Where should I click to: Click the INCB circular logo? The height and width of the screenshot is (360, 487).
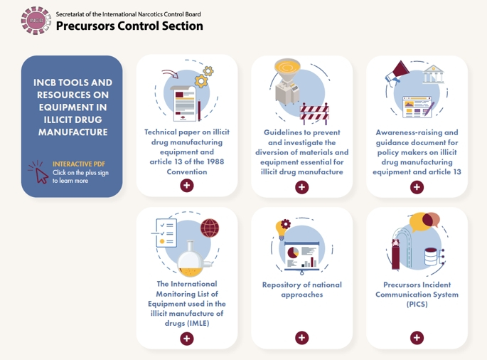(x=36, y=21)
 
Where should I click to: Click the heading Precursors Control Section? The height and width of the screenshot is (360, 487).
(x=129, y=26)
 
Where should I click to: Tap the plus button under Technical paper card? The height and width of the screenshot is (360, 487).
(x=187, y=186)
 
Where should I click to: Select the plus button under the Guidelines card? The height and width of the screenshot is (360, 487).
(x=302, y=187)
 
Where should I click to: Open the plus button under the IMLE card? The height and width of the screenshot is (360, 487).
(x=187, y=339)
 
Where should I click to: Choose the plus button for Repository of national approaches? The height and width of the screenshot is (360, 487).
(x=302, y=338)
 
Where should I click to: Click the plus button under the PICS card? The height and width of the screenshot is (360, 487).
(x=417, y=338)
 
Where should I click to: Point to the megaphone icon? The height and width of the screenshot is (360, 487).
(x=397, y=73)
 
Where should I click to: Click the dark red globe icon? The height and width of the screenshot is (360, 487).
(x=210, y=228)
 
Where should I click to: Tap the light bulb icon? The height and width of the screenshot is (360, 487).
(x=282, y=229)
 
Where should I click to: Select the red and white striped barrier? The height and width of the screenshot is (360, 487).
(x=314, y=113)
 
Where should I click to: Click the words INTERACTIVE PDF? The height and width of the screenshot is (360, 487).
(x=79, y=164)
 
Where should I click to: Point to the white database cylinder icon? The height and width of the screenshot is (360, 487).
(x=431, y=256)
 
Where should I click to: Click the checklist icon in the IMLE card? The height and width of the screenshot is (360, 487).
(x=166, y=233)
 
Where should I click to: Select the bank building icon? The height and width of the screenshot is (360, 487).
(x=433, y=74)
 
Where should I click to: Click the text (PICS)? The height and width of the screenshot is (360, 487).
(x=417, y=305)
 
